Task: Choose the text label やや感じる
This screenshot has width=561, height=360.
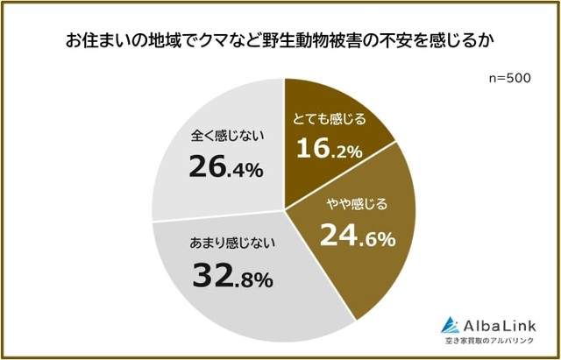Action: [x=356, y=205]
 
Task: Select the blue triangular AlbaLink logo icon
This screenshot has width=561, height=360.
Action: [x=451, y=323]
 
